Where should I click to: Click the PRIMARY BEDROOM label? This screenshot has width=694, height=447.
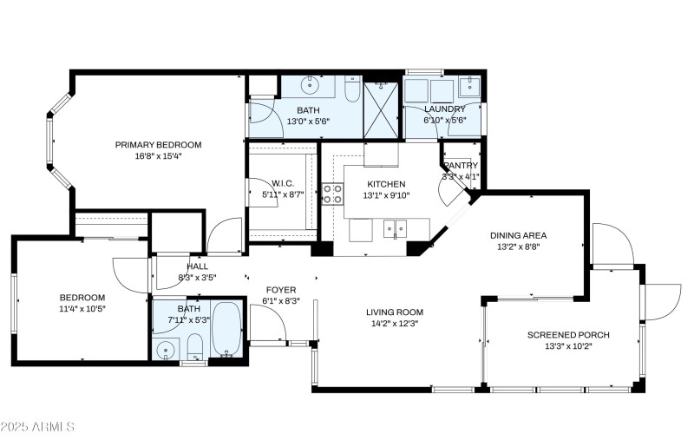[x=158, y=145]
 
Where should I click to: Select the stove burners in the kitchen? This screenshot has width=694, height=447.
[x=332, y=194]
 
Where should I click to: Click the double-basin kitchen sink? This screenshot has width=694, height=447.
[x=396, y=230]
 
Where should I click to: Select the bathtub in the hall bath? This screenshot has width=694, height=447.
[x=226, y=328]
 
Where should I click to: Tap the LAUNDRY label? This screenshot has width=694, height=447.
[x=445, y=108]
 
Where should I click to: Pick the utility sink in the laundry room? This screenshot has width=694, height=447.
[x=469, y=85]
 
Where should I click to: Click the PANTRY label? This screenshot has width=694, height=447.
[x=461, y=165]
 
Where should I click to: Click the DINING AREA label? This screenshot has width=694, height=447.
[x=518, y=235]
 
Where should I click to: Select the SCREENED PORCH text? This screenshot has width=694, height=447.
[x=568, y=335]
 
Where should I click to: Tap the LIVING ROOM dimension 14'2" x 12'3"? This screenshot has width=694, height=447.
[x=394, y=324]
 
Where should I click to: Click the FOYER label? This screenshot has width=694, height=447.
[x=280, y=290]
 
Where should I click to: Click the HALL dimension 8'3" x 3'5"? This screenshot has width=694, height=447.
[x=197, y=278]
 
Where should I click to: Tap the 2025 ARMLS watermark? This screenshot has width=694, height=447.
[x=38, y=427]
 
